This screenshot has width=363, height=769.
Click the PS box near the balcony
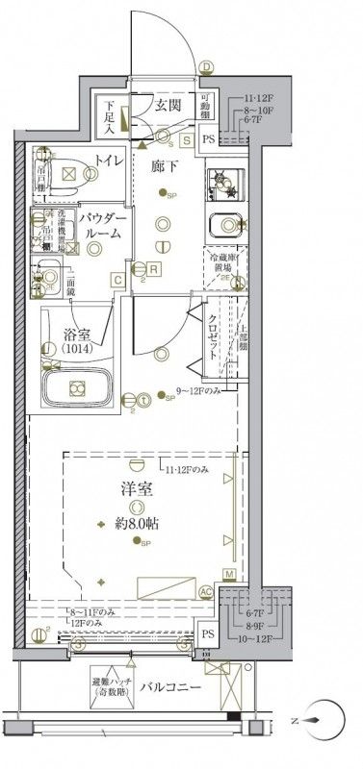(x=209, y=634)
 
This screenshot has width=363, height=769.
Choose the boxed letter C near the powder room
(x=116, y=280)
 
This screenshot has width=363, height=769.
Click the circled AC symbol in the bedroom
(x=204, y=592)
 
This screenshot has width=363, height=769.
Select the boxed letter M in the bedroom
(x=229, y=574)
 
